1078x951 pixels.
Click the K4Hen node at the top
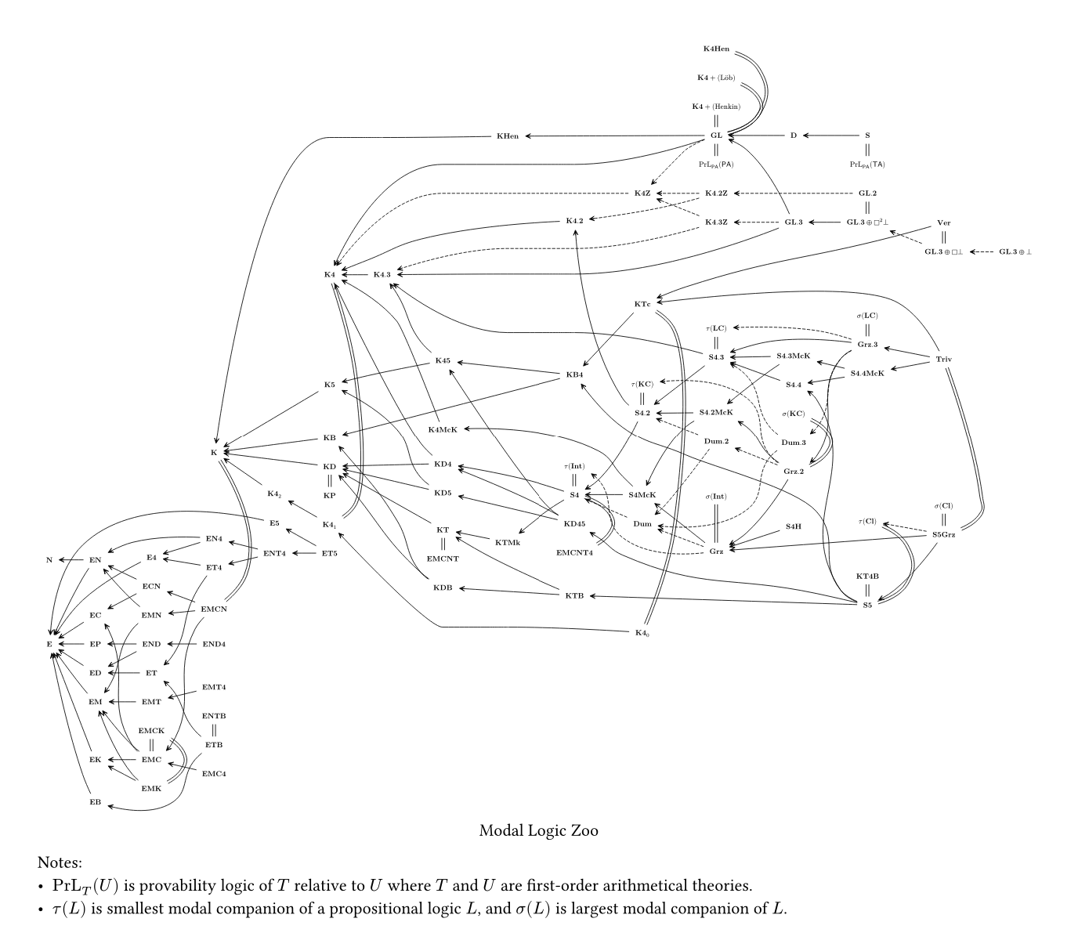tap(716, 49)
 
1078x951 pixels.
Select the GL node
tap(716, 136)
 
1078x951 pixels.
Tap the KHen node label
tap(508, 136)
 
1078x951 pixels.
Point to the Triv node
tap(944, 359)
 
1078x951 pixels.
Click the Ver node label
tap(943, 223)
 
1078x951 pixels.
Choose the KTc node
tap(642, 303)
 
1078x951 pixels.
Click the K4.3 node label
tap(382, 274)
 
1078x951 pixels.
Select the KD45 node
tap(574, 523)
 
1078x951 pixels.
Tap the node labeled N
tap(49, 560)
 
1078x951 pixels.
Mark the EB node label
tap(95, 802)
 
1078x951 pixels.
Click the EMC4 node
tap(214, 774)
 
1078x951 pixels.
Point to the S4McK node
tap(642, 494)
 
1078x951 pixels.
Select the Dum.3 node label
tap(794, 443)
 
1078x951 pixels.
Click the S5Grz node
tap(944, 534)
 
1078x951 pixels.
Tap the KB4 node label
tap(574, 374)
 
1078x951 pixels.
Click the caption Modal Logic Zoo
tap(538, 830)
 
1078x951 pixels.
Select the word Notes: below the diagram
tap(60, 863)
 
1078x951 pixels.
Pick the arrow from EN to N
tap(72, 560)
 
